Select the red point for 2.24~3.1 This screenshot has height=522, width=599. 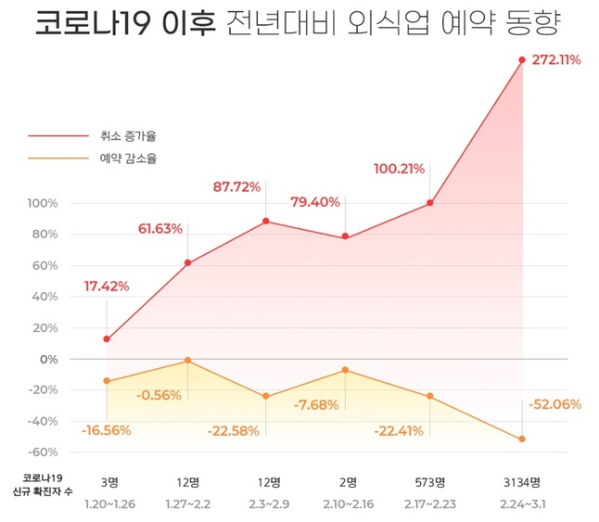pyautogui.click(x=522, y=60)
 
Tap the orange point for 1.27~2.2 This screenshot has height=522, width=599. pyautogui.click(x=187, y=360)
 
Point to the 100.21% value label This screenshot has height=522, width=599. pyautogui.click(x=399, y=169)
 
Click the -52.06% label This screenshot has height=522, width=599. pyautogui.click(x=554, y=404)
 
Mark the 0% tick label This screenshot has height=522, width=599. pyautogui.click(x=48, y=359)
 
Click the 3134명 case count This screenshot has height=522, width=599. pyautogui.click(x=522, y=481)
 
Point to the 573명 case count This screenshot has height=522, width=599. pyautogui.click(x=429, y=481)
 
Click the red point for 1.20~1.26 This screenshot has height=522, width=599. pyautogui.click(x=107, y=339)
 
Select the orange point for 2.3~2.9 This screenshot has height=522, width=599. pyautogui.click(x=267, y=397)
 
